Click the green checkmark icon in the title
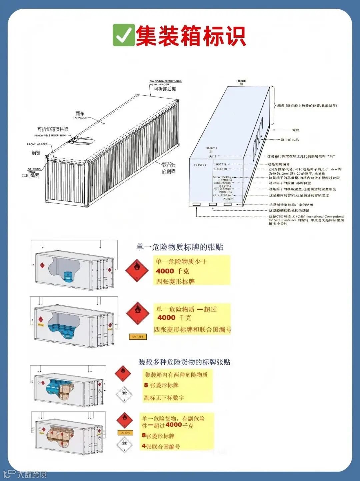point(124,35)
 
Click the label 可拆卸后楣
point(165,89)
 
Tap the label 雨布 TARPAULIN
point(80,115)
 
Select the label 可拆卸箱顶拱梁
point(53,129)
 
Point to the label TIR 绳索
point(30,175)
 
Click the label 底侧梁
point(169,171)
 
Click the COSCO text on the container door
point(200,165)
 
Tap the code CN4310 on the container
point(220,169)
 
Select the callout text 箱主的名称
point(290,140)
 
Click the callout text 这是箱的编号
point(279,164)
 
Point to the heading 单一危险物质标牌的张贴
point(180,247)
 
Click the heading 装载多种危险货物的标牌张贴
point(184,362)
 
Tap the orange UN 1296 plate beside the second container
point(138,337)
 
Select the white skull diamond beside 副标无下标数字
point(124,395)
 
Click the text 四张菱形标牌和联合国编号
point(192,330)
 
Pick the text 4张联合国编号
point(161,446)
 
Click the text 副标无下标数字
point(164,398)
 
